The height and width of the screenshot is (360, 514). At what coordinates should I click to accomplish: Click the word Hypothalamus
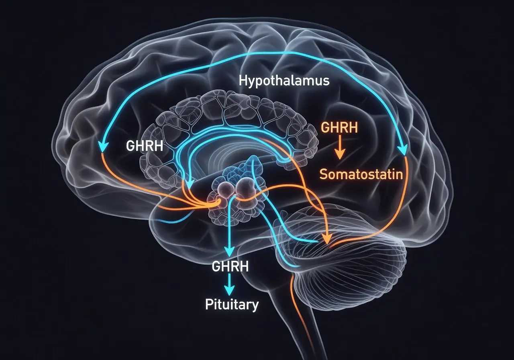click(284, 81)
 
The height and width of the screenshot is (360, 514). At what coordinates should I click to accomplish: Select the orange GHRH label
click(339, 127)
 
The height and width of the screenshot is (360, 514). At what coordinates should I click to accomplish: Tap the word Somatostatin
click(361, 174)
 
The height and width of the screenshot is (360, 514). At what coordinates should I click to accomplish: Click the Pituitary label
click(232, 305)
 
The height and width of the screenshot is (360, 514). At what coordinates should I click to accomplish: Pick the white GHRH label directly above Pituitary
click(230, 266)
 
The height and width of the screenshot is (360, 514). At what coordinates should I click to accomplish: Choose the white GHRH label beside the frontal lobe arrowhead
click(145, 145)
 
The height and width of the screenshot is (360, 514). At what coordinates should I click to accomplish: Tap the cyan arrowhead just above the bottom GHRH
click(229, 251)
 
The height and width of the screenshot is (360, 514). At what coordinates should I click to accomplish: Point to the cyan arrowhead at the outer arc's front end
click(103, 147)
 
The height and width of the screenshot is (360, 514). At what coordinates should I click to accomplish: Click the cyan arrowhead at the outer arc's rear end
click(402, 150)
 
